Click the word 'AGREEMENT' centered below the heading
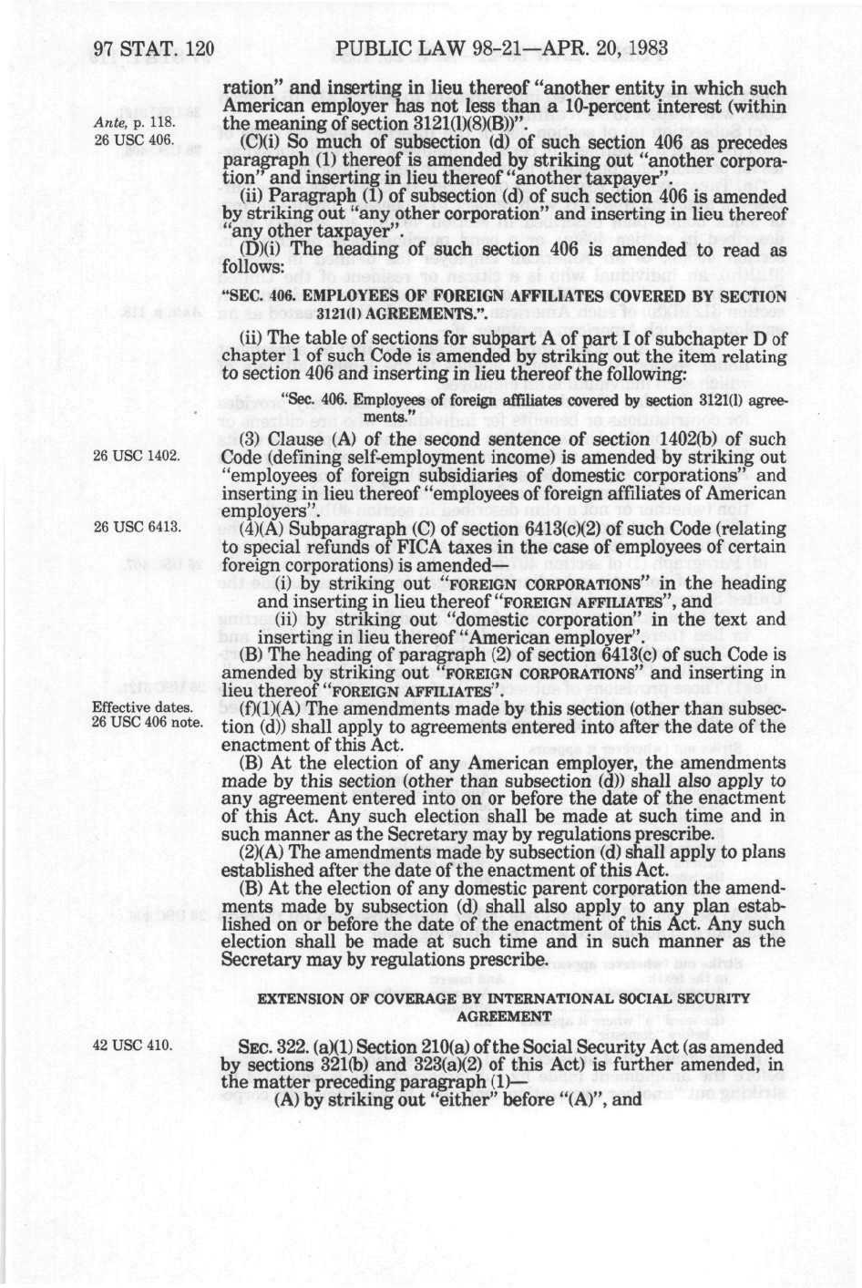pyautogui.click(x=504, y=1015)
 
